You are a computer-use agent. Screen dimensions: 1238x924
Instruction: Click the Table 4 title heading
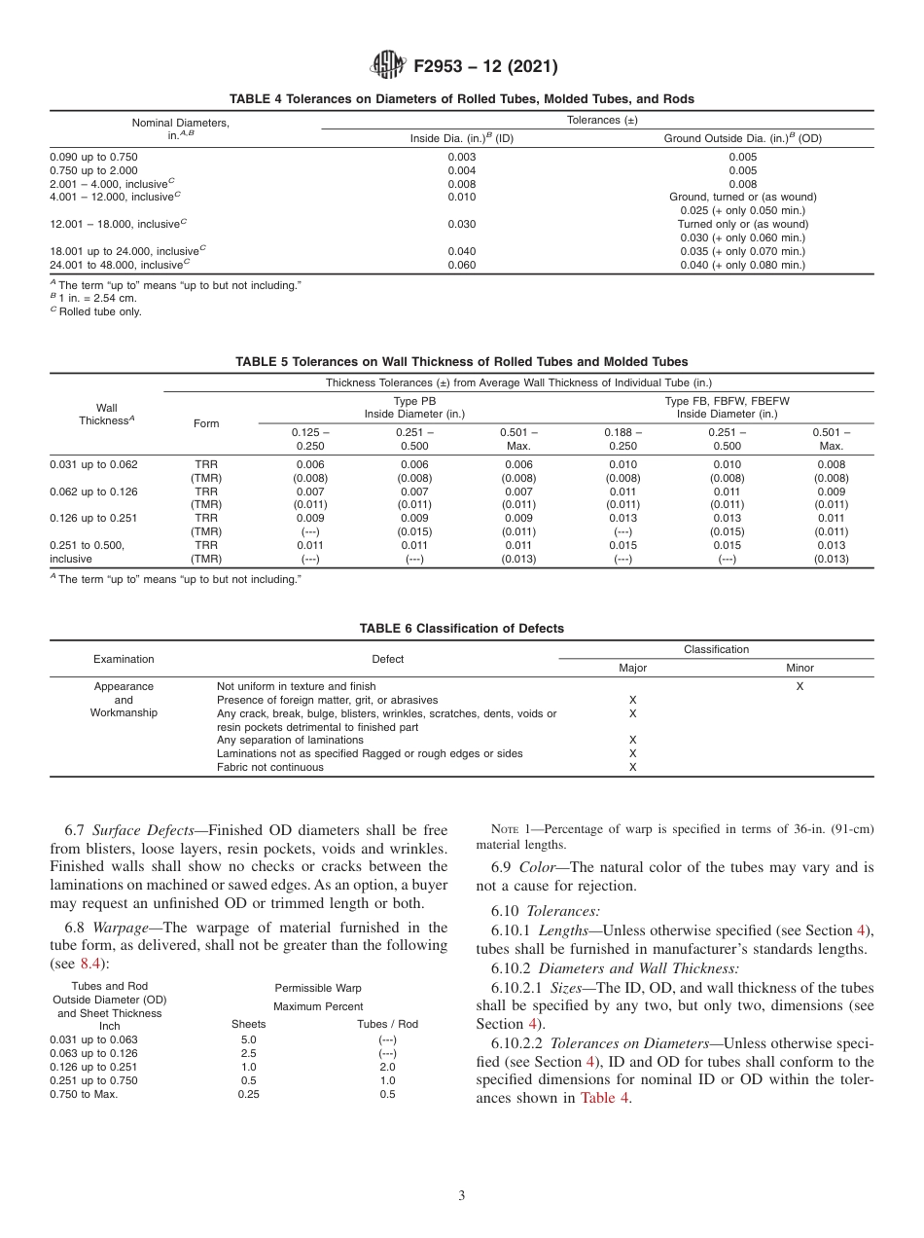tap(461, 99)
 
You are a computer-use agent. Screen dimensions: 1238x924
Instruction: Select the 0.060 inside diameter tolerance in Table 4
tap(461, 265)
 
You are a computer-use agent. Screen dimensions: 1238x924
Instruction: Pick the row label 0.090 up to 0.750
tap(93, 156)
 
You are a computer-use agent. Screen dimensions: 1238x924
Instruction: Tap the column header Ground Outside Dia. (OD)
tap(742, 138)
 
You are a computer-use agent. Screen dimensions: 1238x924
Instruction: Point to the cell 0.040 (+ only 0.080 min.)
tap(742, 265)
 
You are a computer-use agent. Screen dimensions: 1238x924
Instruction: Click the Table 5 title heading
tap(461, 362)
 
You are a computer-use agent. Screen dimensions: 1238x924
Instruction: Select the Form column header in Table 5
tap(206, 423)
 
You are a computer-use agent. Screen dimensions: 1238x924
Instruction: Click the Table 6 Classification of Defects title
tap(461, 629)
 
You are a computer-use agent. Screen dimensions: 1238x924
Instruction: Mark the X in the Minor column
tap(800, 686)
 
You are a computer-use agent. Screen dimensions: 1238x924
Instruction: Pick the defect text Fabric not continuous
tap(270, 767)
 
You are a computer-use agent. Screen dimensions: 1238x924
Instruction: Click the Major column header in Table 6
tap(632, 669)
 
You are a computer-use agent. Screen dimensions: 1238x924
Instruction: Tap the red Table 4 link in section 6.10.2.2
tap(604, 1098)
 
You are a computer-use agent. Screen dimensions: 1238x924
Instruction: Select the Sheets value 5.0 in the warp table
tap(248, 1039)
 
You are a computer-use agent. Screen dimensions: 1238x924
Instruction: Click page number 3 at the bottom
tap(462, 1196)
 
